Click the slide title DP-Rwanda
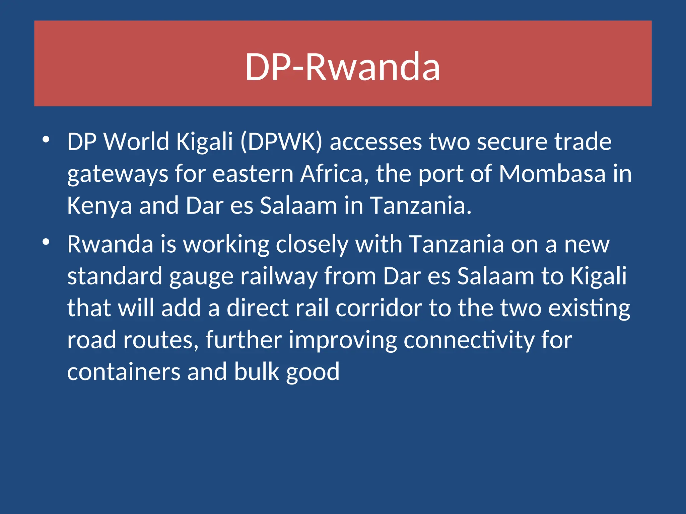[x=342, y=67]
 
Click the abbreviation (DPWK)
[x=281, y=142]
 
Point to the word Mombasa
[x=552, y=174]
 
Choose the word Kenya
[x=99, y=206]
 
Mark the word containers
[x=124, y=372]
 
